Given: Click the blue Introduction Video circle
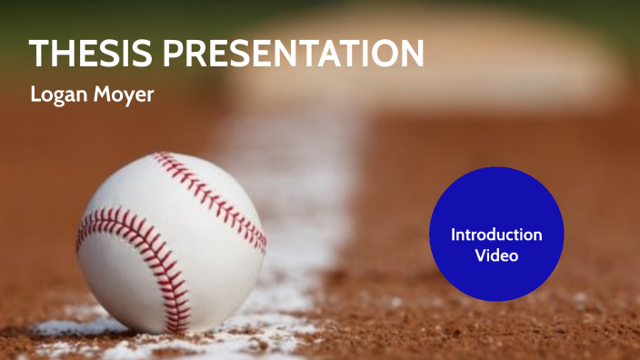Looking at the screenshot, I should click(x=496, y=235).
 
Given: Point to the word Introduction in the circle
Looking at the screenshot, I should click(x=496, y=235).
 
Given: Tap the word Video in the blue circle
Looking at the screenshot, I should click(x=496, y=255).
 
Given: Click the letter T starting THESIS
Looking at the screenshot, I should click(x=39, y=54).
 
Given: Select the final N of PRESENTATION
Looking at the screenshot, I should click(x=411, y=54).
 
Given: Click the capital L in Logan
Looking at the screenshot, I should click(x=35, y=95).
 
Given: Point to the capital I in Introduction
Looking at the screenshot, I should click(x=454, y=235).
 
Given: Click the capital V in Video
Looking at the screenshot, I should click(x=479, y=255).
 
